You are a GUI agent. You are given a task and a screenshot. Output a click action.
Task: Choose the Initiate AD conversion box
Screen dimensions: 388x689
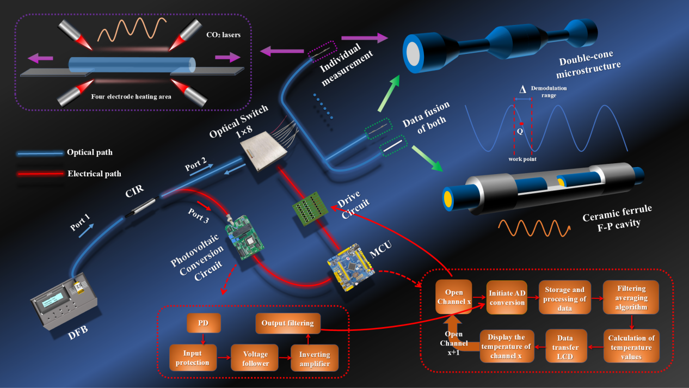point(506,297)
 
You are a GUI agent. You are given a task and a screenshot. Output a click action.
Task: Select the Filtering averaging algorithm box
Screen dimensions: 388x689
point(631,297)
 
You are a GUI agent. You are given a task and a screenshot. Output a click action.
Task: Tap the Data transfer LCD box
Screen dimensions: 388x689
point(568,346)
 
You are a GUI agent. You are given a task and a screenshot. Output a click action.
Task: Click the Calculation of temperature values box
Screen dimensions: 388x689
point(631,346)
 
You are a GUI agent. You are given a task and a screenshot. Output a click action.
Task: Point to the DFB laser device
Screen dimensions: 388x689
point(64,298)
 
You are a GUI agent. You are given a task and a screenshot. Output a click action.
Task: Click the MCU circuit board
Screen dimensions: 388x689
point(350,263)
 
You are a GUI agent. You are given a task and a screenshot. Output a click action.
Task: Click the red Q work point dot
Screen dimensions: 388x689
point(521,123)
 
